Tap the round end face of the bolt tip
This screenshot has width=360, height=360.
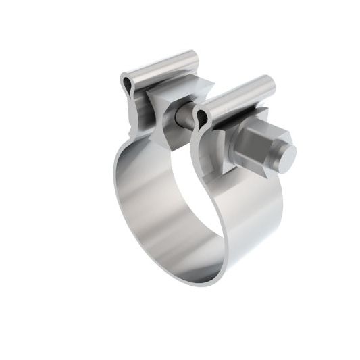tap(286, 157)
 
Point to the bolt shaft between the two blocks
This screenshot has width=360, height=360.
tap(184, 117)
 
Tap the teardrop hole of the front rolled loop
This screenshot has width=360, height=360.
tap(200, 118)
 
